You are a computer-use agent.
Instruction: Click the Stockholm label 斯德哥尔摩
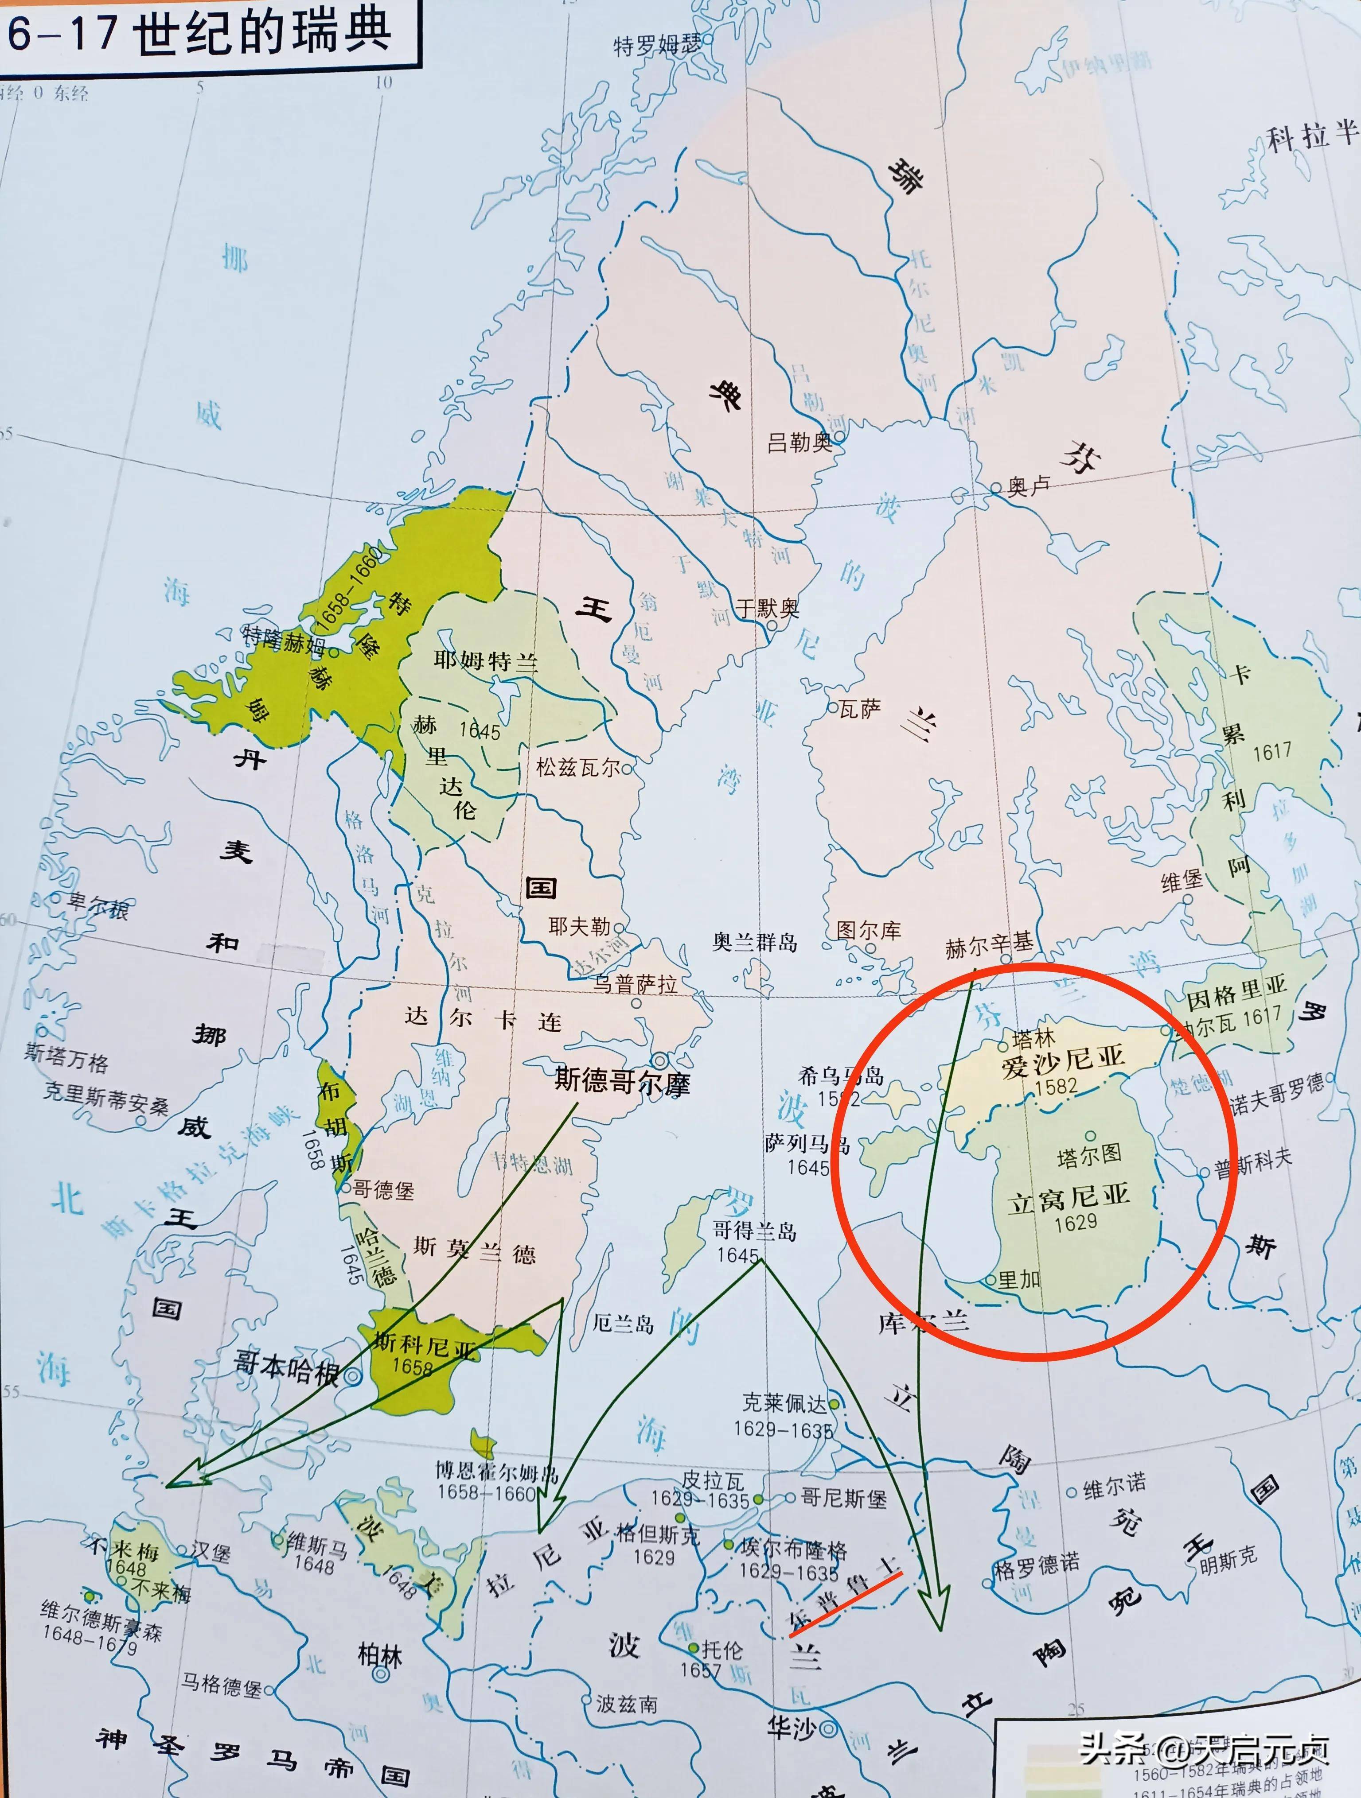(622, 1082)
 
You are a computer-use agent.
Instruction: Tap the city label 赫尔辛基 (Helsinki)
(989, 944)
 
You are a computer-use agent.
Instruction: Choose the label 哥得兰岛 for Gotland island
(754, 1231)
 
